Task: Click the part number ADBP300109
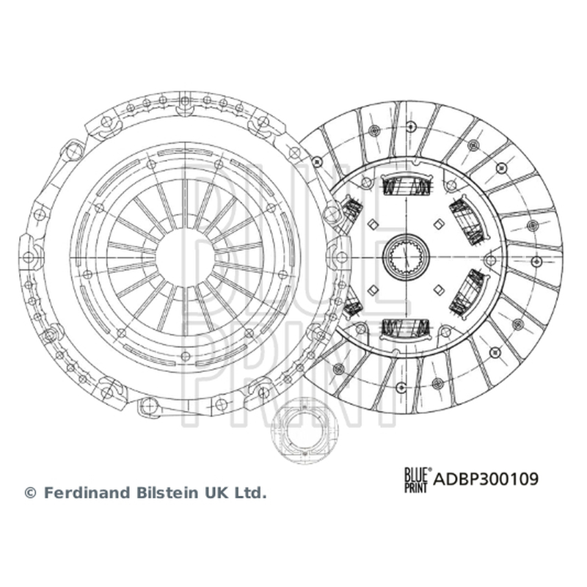(486, 479)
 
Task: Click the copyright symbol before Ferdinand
(30, 492)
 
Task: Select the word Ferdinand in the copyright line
(89, 492)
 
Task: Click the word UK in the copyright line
(216, 492)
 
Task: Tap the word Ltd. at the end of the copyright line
(250, 492)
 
